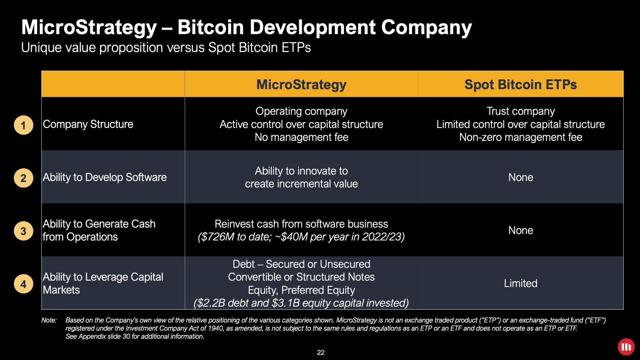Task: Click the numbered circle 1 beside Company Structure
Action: [23, 125]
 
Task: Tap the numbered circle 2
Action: [23, 178]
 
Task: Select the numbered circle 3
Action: [23, 231]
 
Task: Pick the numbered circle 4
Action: [23, 284]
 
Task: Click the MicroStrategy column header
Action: [301, 84]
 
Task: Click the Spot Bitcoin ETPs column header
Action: [520, 84]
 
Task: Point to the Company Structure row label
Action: [88, 124]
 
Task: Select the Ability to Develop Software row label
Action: [105, 177]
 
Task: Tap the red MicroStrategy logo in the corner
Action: [626, 347]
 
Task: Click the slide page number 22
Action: [321, 353]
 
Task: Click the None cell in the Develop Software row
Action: [521, 177]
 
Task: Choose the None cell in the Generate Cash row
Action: [521, 230]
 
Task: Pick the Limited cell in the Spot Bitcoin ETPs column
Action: [521, 283]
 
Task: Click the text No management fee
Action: [301, 137]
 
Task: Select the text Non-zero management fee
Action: [521, 137]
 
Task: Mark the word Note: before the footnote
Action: [49, 320]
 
